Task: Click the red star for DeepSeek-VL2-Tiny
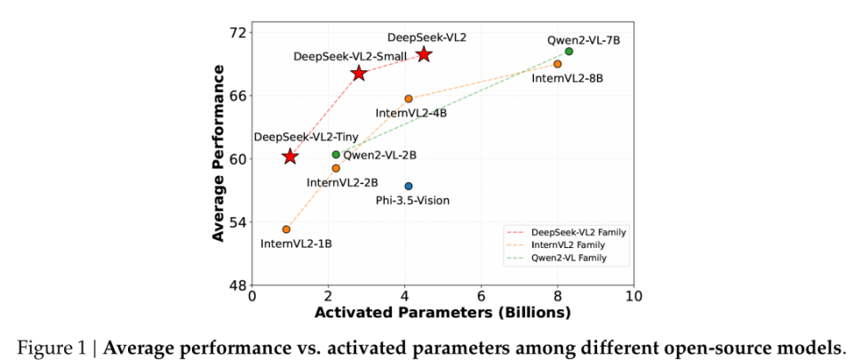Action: click(290, 156)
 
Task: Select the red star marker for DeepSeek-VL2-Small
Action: click(359, 73)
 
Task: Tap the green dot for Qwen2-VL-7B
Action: click(569, 52)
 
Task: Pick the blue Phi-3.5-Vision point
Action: click(409, 186)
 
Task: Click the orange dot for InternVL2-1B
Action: click(286, 229)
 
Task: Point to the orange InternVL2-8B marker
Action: click(557, 64)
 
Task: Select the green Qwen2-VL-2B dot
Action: click(336, 155)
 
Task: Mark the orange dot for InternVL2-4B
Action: click(409, 99)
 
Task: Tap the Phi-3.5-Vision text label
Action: click(413, 201)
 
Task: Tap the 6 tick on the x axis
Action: click(481, 296)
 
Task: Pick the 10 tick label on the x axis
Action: click(633, 296)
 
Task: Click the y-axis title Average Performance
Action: click(219, 158)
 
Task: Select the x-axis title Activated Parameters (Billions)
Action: click(442, 313)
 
